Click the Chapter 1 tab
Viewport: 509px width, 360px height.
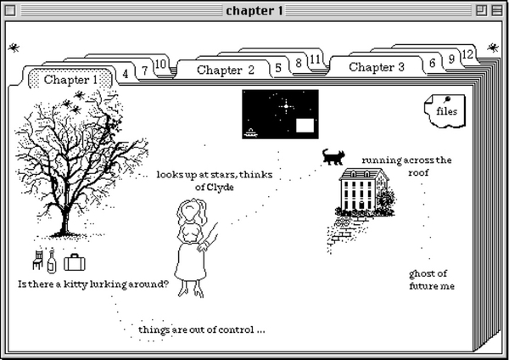point(70,80)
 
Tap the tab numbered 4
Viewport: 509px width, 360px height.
point(126,74)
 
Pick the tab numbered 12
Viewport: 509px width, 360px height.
point(467,53)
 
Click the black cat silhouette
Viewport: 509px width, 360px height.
point(333,156)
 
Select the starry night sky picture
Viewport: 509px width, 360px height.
point(280,114)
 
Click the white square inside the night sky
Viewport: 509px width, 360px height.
point(305,126)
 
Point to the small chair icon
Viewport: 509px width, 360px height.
point(37,258)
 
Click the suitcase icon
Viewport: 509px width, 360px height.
point(75,261)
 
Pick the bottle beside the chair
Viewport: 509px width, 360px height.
point(52,261)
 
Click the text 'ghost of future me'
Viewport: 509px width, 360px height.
point(431,279)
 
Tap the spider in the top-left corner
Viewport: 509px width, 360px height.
point(14,48)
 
